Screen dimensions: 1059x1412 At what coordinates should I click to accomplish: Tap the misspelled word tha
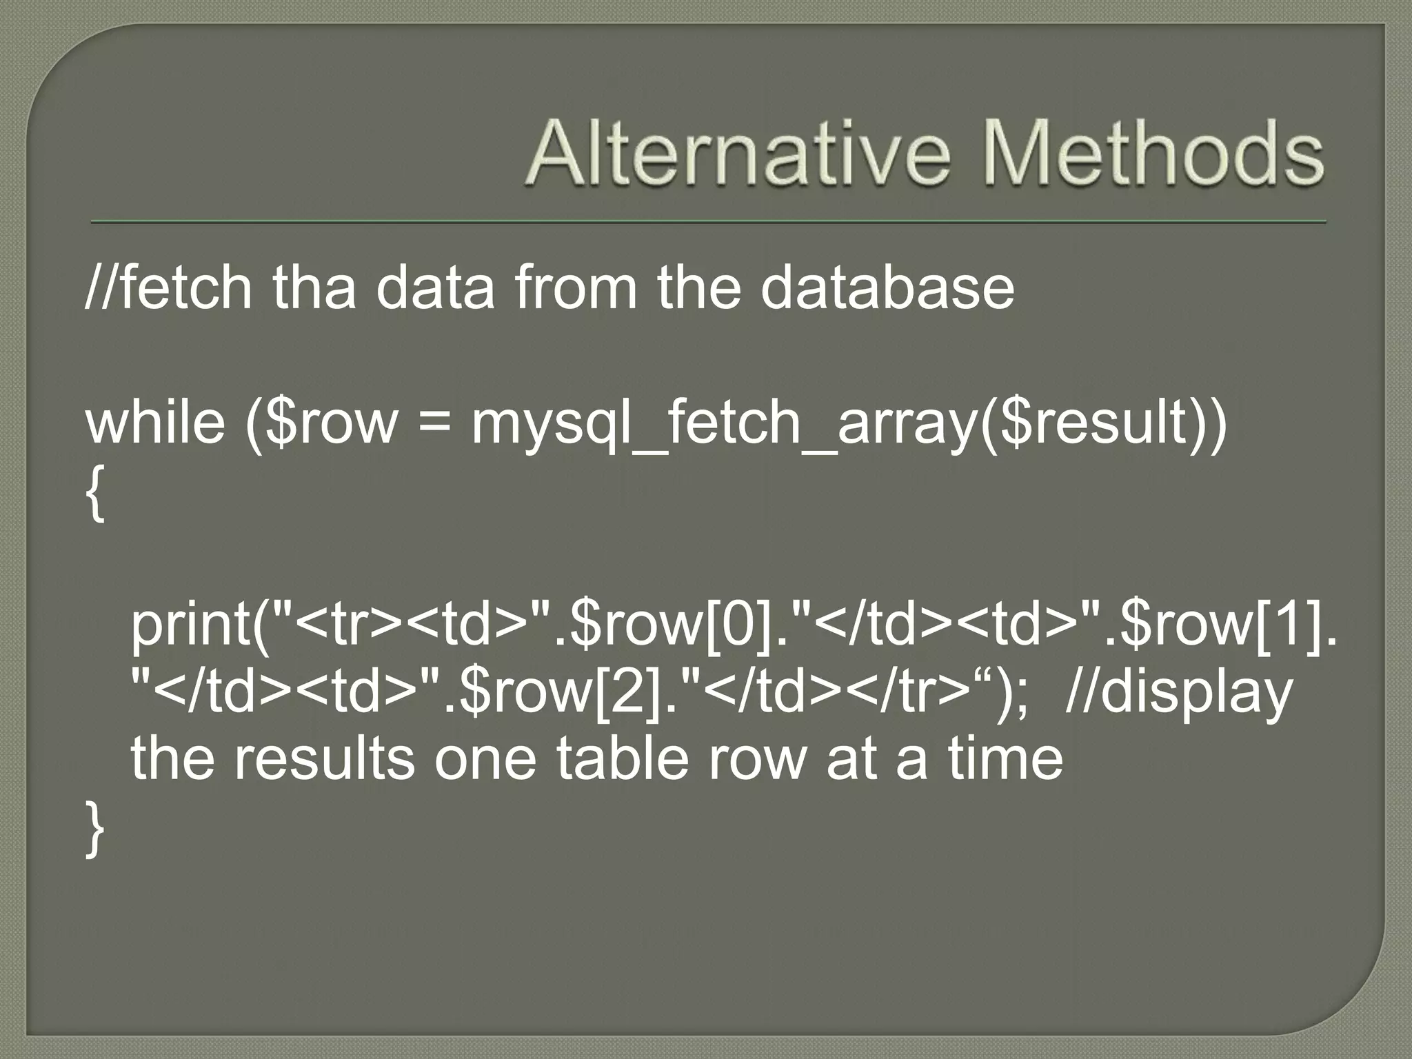(x=314, y=288)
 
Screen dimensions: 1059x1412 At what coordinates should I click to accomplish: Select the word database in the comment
(x=887, y=288)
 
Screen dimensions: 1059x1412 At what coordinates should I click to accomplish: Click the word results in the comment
(x=324, y=758)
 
